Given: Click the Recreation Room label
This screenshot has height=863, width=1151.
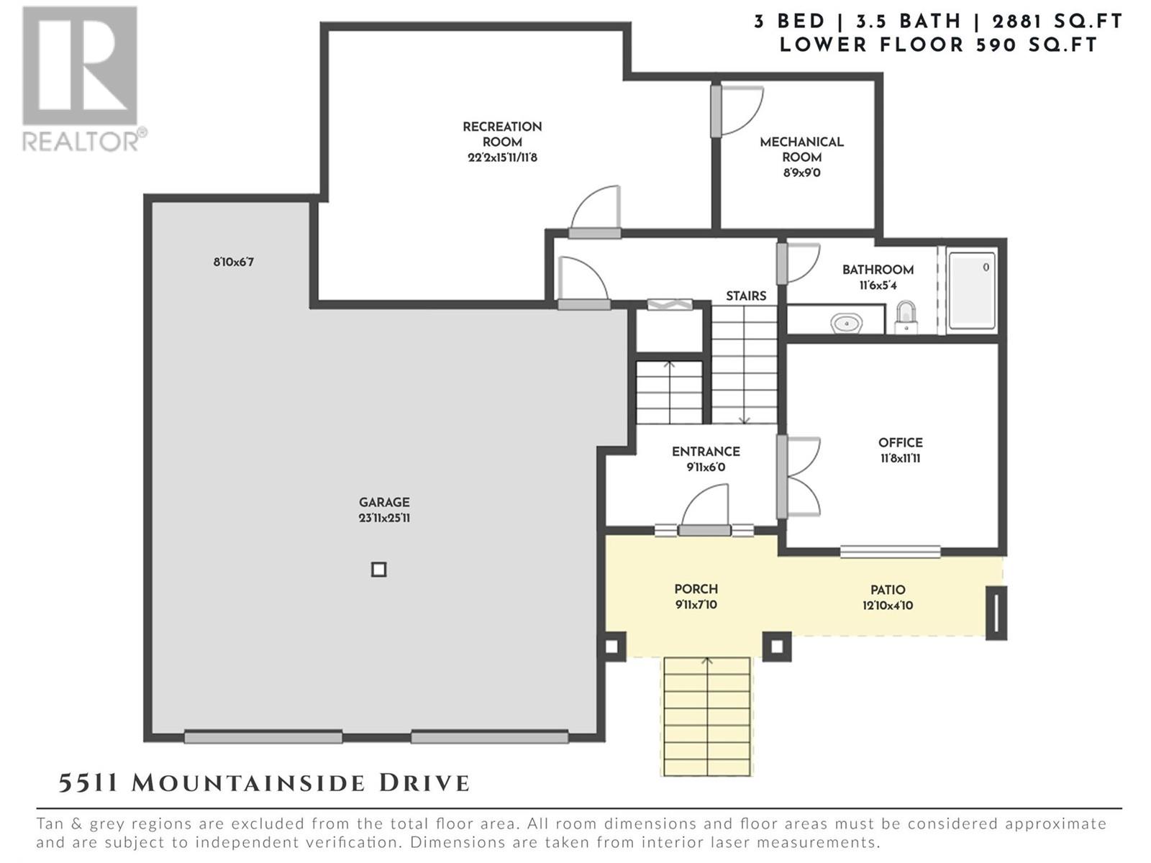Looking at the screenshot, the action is (502, 134).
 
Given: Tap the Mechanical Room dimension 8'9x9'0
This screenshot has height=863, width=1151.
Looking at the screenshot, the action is (802, 173).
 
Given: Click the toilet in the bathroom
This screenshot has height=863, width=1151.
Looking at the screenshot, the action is (906, 318).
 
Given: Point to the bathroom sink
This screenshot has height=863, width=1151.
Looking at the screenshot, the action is (847, 323).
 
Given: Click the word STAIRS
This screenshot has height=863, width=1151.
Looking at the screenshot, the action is (746, 296).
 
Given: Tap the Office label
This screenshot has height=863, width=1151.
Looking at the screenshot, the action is (901, 443).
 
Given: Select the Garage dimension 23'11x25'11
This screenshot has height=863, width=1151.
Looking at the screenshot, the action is (384, 519).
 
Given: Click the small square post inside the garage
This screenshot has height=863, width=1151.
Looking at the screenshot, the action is (378, 570).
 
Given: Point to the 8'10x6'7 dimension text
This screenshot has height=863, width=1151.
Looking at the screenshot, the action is (233, 262).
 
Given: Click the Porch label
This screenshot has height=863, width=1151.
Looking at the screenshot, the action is (696, 589).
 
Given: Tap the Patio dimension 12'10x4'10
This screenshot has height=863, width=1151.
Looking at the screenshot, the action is (887, 606).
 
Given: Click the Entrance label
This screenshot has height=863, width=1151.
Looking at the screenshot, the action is (706, 452).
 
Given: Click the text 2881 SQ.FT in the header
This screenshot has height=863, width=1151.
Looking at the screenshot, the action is (1057, 22).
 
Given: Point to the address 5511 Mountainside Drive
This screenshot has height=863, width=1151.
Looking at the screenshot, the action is (264, 783).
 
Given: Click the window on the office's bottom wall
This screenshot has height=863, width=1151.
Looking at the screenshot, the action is (890, 551).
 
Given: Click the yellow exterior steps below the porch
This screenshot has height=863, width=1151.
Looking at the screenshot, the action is (707, 716).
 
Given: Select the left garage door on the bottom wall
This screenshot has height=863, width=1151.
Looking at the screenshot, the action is (263, 737).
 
